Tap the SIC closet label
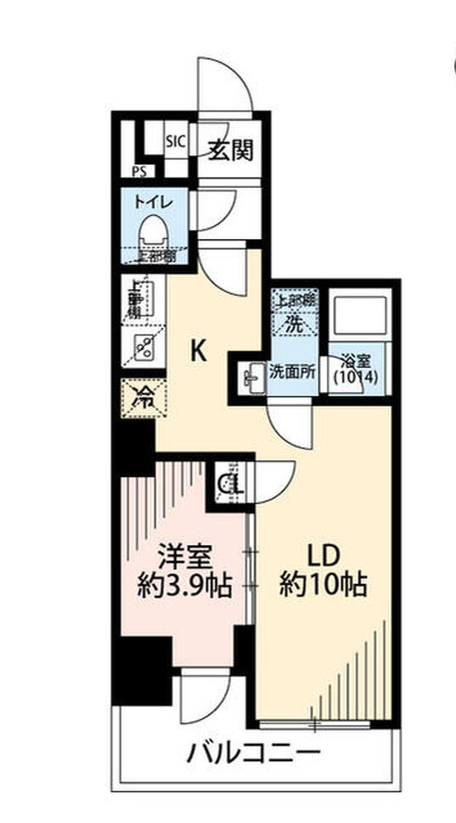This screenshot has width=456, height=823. (x=175, y=142)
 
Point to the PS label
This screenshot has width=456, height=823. (x=139, y=171)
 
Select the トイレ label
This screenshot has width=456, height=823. (x=154, y=201)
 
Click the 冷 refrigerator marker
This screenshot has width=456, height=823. (x=144, y=398)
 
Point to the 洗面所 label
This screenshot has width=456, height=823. (x=292, y=371)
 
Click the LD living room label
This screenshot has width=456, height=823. (x=323, y=556)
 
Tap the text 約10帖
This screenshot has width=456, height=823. (x=324, y=587)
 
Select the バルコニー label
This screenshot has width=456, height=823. (x=254, y=752)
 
